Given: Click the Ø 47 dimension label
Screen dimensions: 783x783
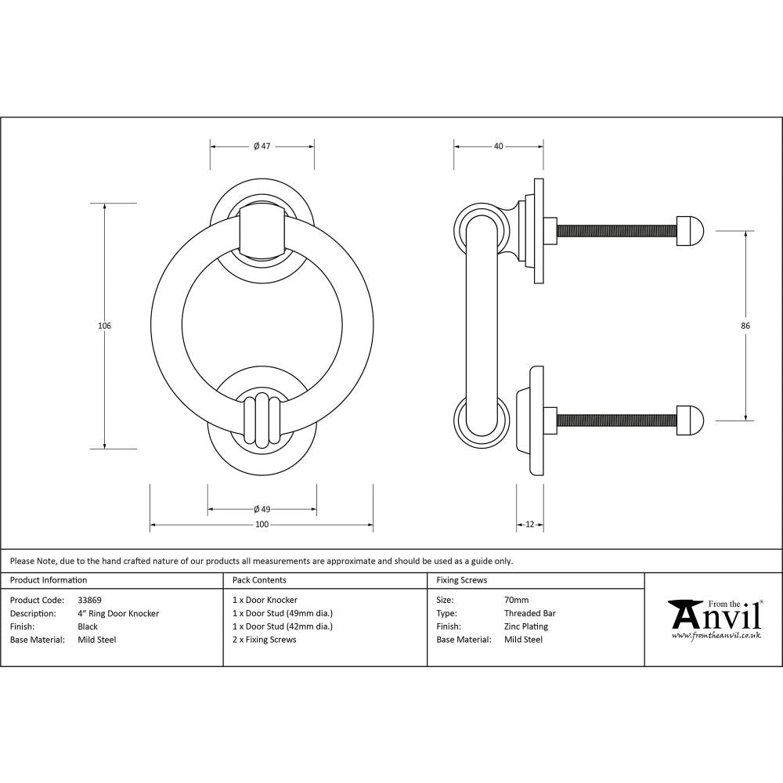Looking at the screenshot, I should tap(262, 146).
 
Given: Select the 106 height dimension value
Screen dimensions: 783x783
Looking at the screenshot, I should tap(105, 326).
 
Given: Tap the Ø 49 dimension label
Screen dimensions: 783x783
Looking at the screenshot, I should tap(262, 510).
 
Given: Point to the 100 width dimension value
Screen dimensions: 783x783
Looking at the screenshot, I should tap(262, 525).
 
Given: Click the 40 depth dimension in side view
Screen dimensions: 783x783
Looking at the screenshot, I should tap(499, 146).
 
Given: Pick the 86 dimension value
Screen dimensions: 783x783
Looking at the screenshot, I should tap(745, 326).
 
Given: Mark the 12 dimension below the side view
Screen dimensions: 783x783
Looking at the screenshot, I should tap(530, 525).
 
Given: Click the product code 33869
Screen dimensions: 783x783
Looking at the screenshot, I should tap(90, 601).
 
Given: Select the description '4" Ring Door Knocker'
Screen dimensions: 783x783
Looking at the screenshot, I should tap(118, 614).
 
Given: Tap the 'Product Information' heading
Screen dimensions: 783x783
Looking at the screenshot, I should tap(49, 580).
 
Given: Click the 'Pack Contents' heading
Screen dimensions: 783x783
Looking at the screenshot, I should tap(259, 580).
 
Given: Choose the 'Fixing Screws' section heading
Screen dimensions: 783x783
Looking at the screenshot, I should tap(461, 580).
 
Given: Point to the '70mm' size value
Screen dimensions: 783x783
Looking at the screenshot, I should tap(516, 601).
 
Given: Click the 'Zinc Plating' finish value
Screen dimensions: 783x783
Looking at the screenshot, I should tap(525, 626).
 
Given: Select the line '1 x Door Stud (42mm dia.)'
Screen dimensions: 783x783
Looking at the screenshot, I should tap(283, 626).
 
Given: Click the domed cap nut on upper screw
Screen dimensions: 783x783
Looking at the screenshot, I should tap(690, 231).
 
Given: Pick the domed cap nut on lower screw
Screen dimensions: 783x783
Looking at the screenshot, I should tap(690, 420).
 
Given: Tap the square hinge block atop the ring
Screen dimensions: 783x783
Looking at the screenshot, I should tap(262, 231).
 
